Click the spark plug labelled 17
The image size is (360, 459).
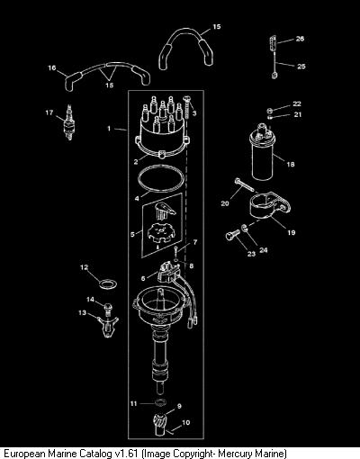(x=68, y=123)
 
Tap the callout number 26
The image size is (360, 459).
(x=300, y=39)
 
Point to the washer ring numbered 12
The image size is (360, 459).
(x=108, y=283)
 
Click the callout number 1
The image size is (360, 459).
(x=109, y=129)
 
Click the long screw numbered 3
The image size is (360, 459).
(x=187, y=107)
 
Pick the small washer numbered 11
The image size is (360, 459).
(x=160, y=402)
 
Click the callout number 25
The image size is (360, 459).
(x=301, y=67)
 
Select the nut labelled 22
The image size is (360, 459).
(x=270, y=111)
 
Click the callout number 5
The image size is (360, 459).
(x=132, y=234)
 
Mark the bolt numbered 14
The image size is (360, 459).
(x=107, y=309)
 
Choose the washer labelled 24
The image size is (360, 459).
(x=245, y=228)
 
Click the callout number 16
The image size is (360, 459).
(x=52, y=67)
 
